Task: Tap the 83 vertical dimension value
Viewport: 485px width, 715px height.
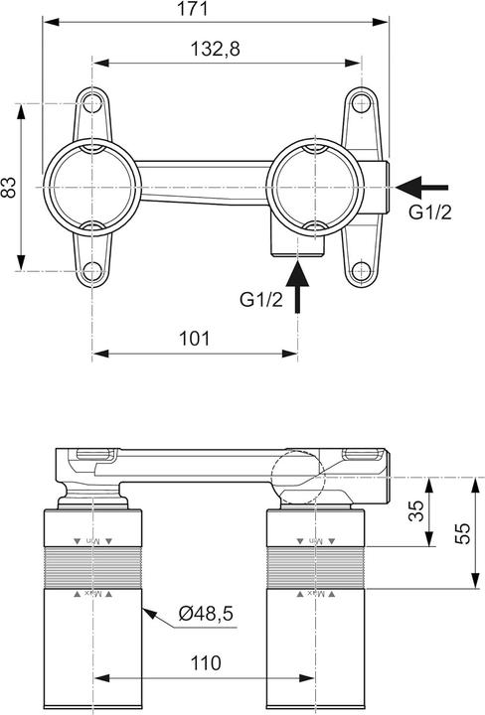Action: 10,186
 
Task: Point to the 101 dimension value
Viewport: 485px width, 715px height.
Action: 195,338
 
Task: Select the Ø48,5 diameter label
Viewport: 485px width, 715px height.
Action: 207,615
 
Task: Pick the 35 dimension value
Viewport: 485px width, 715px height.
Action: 416,511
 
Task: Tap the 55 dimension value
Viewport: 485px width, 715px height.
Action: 461,532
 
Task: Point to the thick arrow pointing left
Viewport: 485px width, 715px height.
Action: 421,186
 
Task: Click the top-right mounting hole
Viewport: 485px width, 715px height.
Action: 359,103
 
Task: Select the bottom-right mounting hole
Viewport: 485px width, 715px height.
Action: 359,269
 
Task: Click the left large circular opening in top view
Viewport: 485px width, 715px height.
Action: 92,186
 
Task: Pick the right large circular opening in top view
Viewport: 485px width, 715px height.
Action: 299,186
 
